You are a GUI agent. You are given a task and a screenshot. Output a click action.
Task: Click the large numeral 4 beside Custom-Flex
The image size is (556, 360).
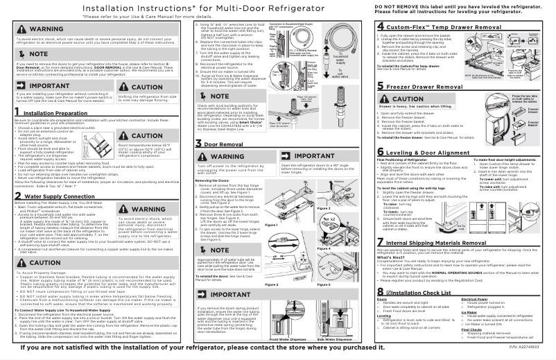click(381, 26)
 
